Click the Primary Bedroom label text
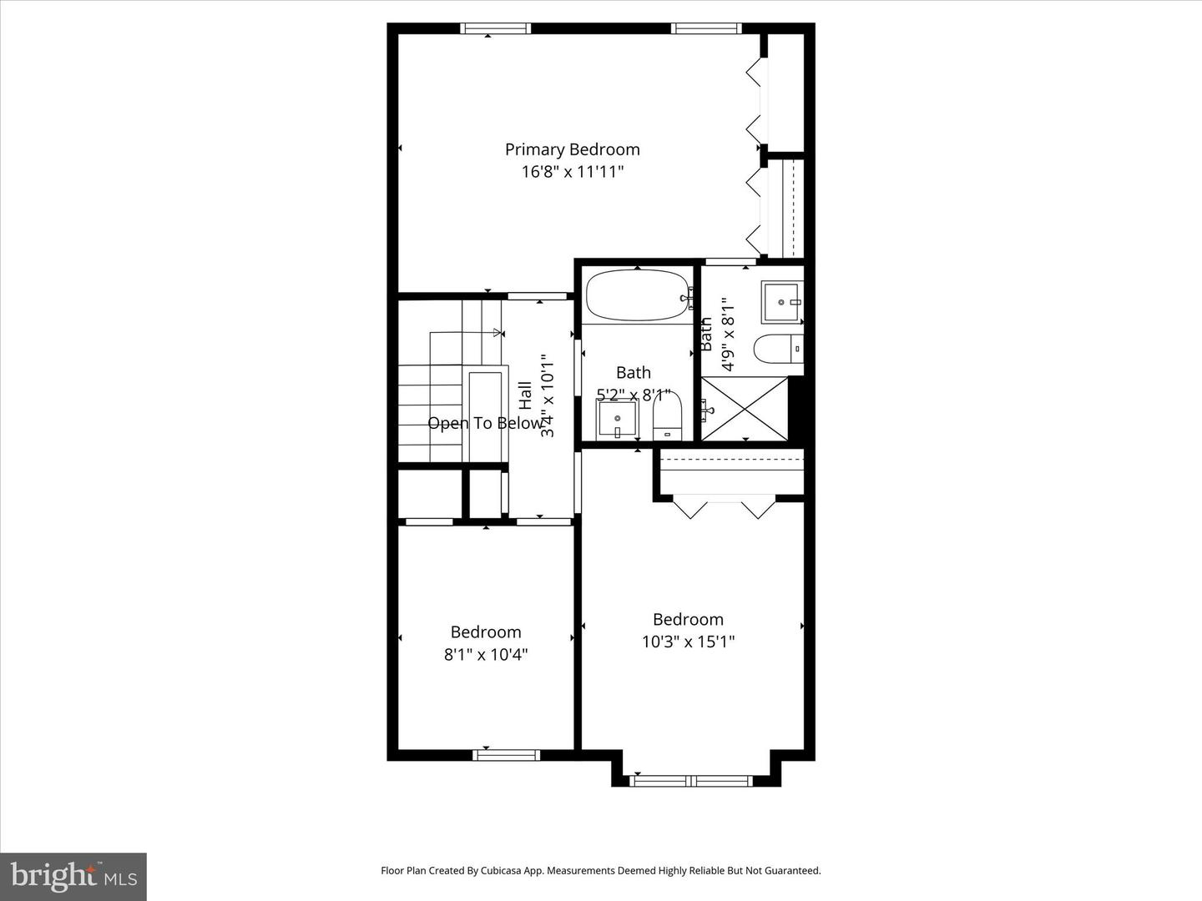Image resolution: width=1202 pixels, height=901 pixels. click(x=572, y=149)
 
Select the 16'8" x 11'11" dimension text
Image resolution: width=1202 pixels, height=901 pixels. click(x=572, y=172)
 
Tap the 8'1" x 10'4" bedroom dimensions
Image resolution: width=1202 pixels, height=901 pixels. click(x=485, y=655)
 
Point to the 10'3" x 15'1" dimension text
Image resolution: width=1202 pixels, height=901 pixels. click(x=688, y=642)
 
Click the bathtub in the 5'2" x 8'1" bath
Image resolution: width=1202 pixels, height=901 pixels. click(x=636, y=295)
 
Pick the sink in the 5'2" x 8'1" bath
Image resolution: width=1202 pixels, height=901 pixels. click(x=617, y=419)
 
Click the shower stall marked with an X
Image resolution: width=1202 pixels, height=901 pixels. click(x=744, y=408)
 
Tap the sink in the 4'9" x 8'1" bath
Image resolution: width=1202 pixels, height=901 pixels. click(x=782, y=302)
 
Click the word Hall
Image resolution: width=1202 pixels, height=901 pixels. click(x=525, y=395)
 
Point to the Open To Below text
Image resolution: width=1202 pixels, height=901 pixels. click(x=485, y=423)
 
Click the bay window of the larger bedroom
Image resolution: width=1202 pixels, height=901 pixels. click(x=691, y=781)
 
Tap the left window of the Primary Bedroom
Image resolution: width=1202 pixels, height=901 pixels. click(x=495, y=28)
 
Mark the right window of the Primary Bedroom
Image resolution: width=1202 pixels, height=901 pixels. click(x=706, y=28)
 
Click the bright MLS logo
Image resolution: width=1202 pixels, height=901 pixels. click(x=73, y=876)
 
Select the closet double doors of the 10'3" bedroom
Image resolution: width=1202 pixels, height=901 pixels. click(x=724, y=506)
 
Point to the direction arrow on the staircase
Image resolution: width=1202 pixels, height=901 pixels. click(x=497, y=333)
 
